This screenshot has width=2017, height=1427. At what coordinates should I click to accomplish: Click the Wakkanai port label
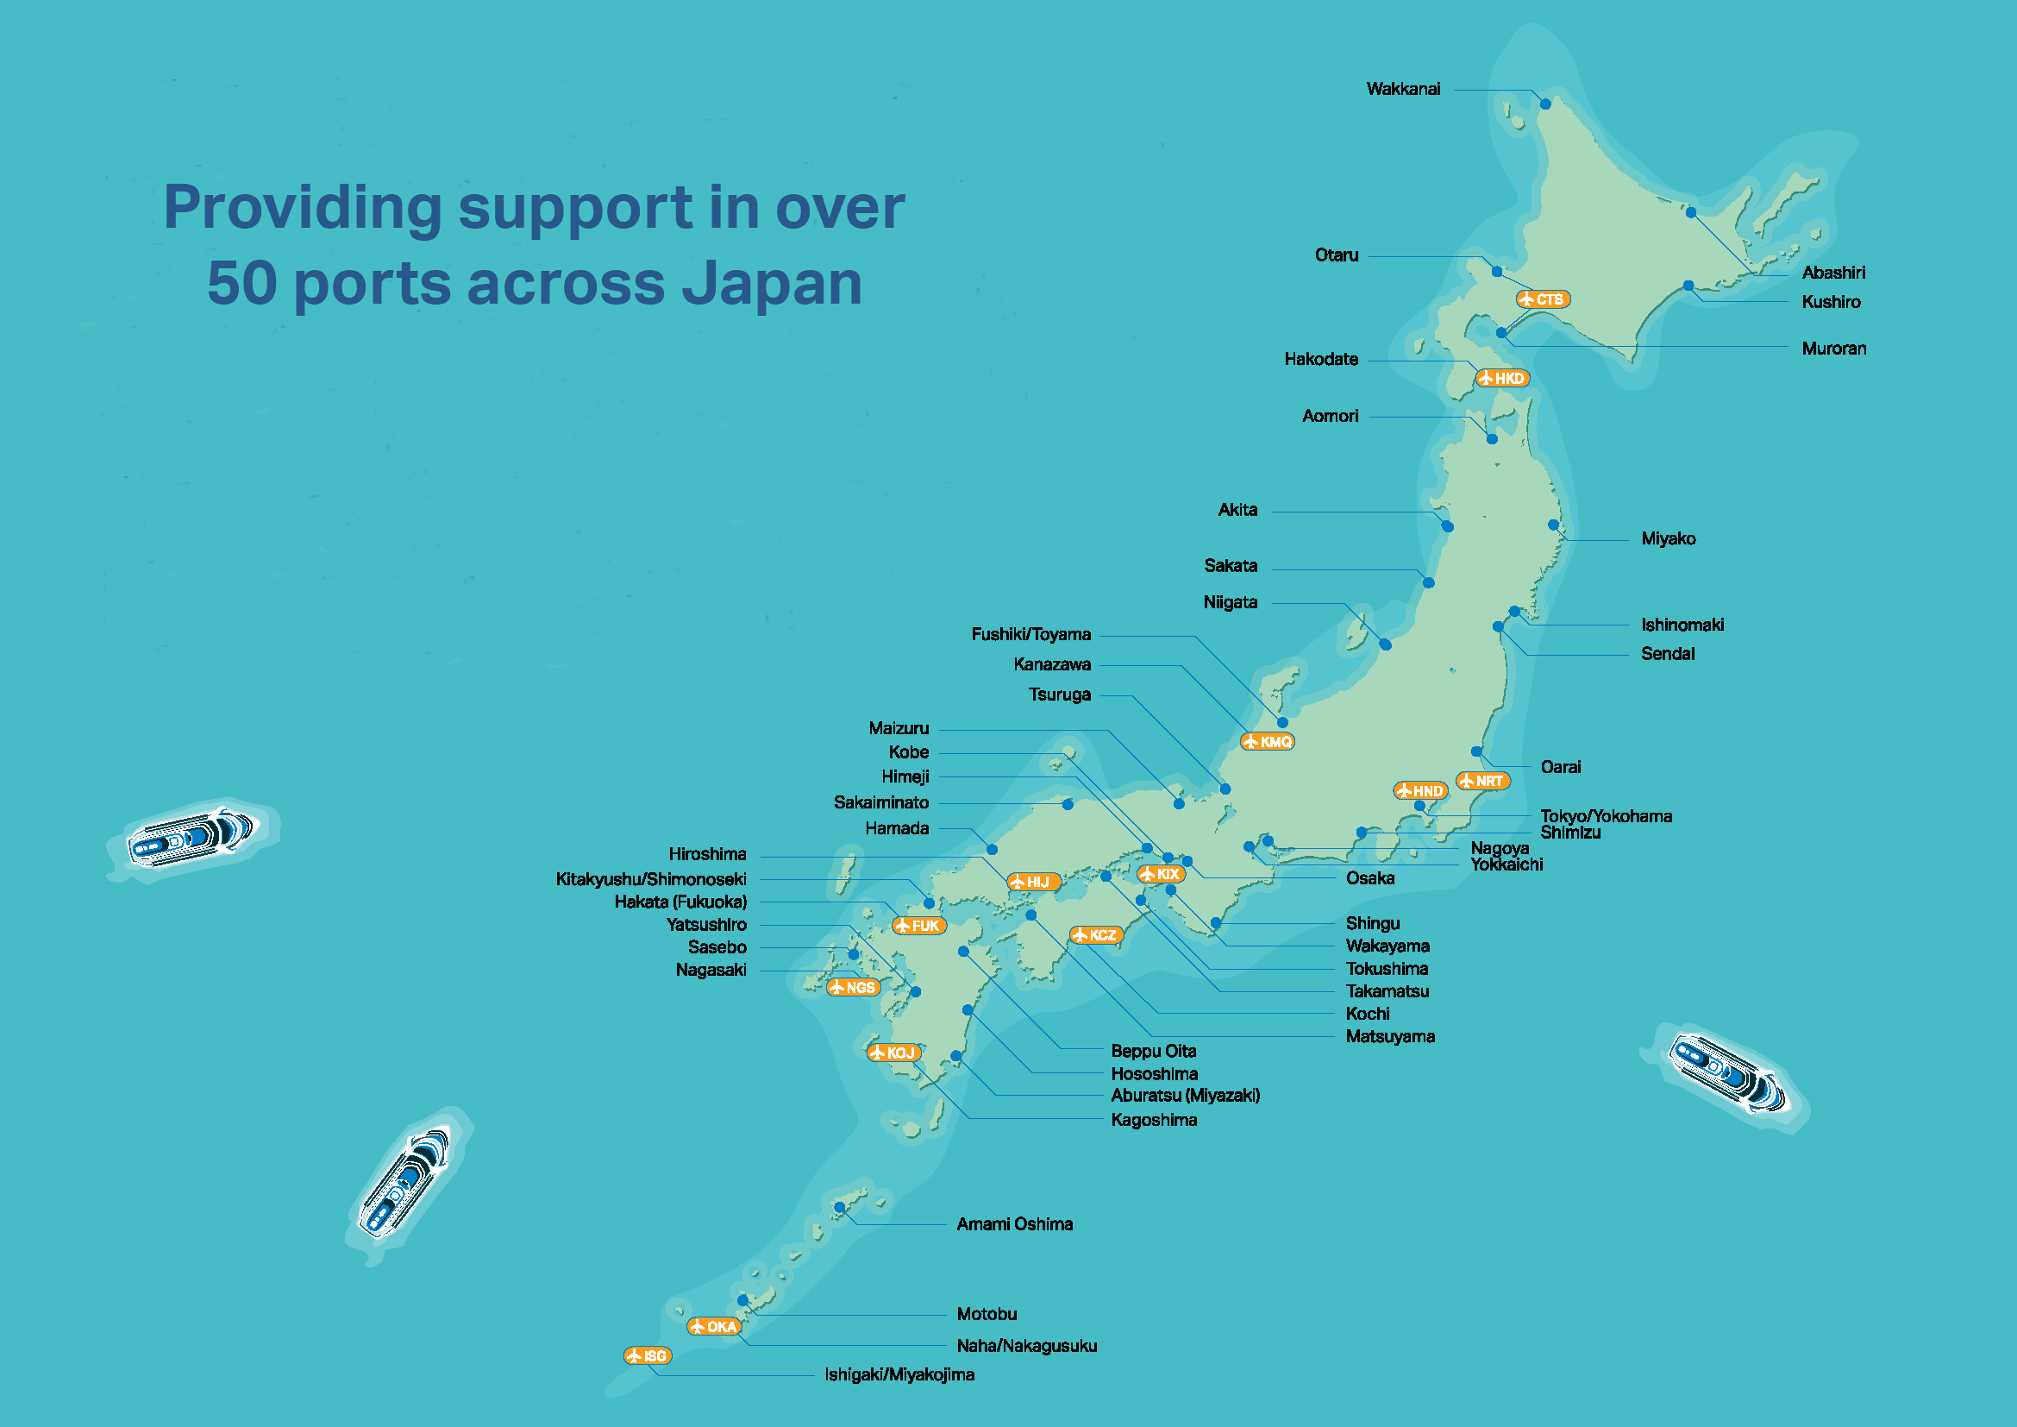point(1403,89)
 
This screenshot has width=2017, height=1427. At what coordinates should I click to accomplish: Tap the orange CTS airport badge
point(1544,299)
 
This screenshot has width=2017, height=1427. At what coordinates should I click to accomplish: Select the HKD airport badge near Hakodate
point(1503,379)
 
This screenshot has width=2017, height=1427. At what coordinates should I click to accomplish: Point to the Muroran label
point(1833,349)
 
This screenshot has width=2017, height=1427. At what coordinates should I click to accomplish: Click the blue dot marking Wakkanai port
point(1545,104)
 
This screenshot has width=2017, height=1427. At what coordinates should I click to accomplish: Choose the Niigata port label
point(1230,603)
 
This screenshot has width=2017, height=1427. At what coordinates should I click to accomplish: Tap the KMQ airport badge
point(1268,742)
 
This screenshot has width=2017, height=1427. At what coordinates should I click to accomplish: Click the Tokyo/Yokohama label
point(1606,816)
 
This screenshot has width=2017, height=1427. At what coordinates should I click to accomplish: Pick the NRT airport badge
point(1482,781)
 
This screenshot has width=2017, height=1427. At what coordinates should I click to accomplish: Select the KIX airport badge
point(1161,874)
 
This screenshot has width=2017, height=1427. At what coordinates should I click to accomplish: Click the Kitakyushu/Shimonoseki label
point(651,879)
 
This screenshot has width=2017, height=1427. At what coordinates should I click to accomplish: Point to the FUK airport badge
point(918,926)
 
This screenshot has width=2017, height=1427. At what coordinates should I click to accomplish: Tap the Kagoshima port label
point(1154,1121)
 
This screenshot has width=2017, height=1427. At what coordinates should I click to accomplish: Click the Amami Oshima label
point(1014,1224)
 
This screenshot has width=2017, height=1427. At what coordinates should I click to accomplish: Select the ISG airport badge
point(648,1356)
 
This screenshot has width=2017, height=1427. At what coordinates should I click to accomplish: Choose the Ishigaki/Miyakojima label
point(899,1375)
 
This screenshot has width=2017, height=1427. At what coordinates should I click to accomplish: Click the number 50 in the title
point(241,283)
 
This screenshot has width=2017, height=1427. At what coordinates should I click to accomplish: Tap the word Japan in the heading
point(771,283)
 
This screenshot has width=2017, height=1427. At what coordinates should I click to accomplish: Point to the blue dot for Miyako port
point(1553,525)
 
